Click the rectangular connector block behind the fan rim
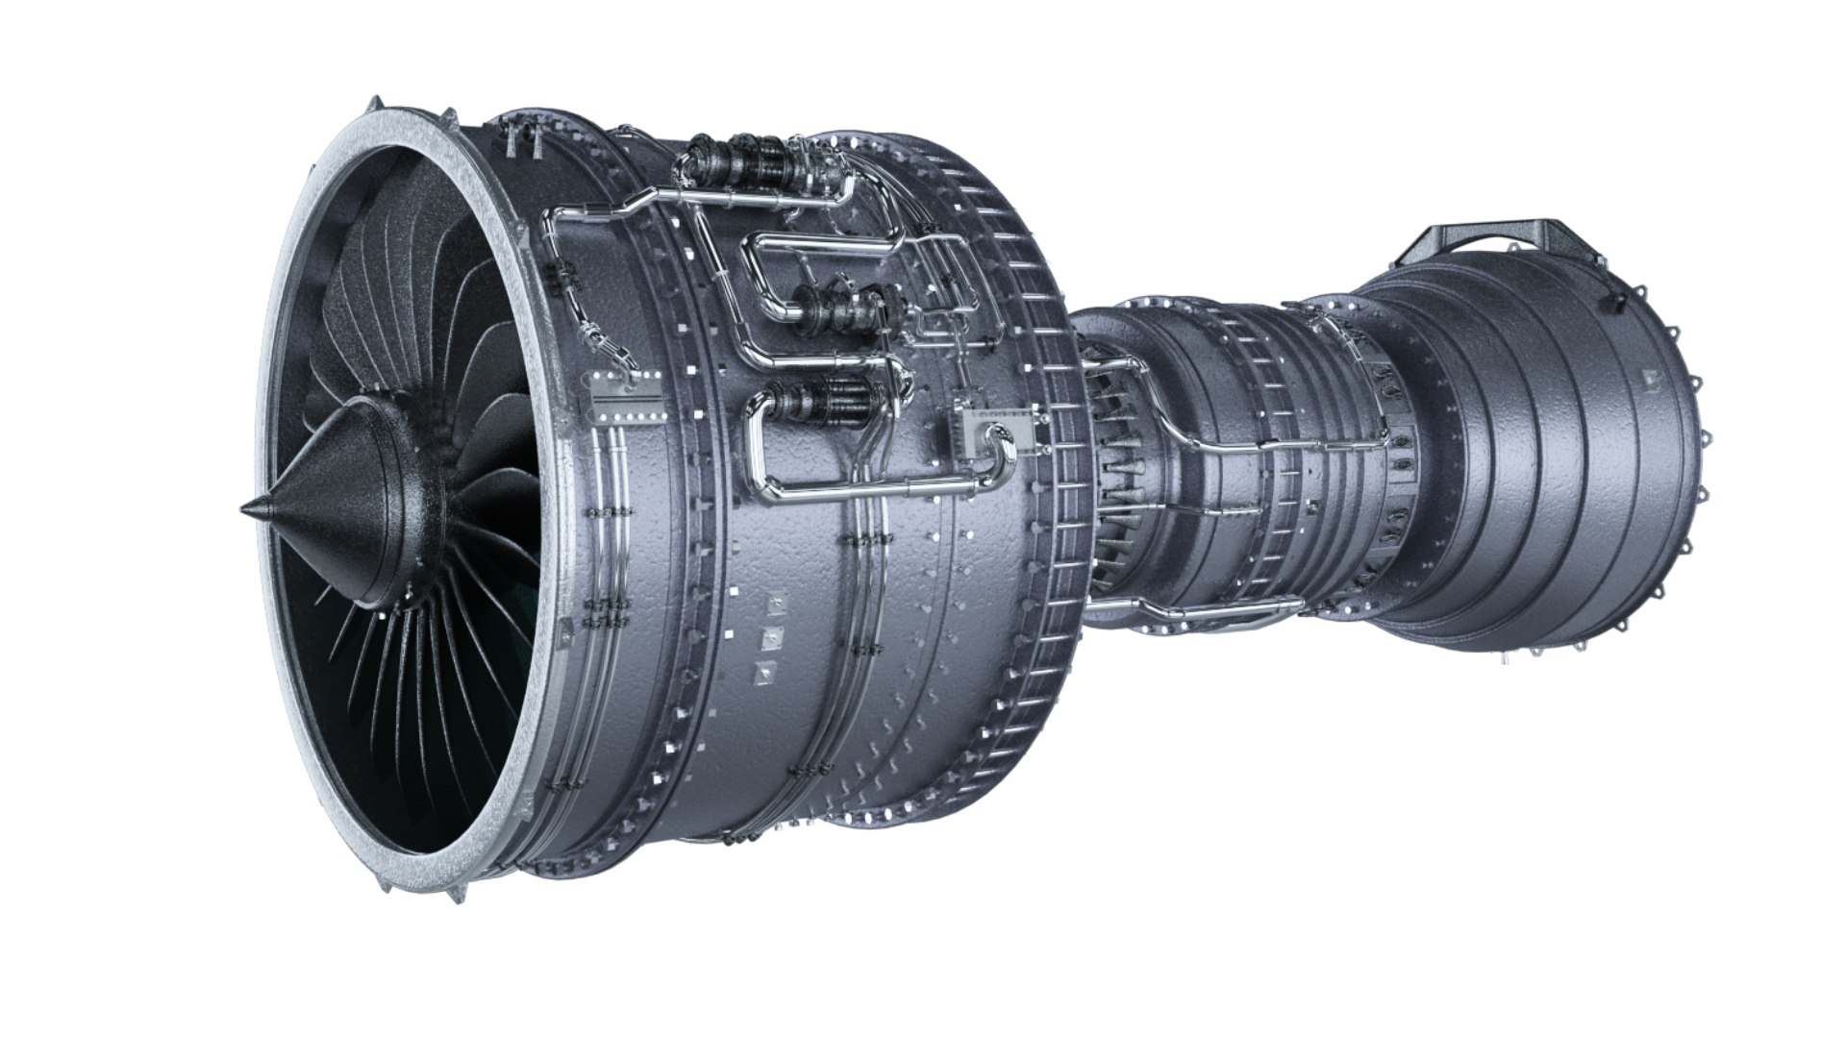click(x=626, y=395)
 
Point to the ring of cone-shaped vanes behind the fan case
click(x=1115, y=461)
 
